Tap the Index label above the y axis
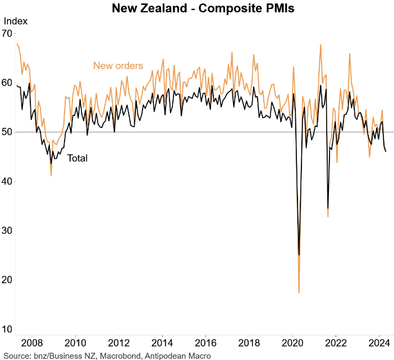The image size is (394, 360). click(16, 21)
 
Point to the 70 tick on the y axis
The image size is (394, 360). click(7, 34)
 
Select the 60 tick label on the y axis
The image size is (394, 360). click(7, 82)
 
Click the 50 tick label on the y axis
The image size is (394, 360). click(7, 132)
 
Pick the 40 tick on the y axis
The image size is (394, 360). click(7, 181)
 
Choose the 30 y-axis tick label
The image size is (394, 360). click(7, 230)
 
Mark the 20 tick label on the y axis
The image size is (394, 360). click(7, 280)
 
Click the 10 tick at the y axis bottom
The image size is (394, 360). click(7, 329)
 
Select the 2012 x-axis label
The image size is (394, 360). click(119, 342)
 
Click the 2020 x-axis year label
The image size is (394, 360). click(293, 342)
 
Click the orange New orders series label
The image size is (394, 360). click(118, 66)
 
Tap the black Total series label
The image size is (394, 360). click(77, 159)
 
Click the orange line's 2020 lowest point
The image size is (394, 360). click(299, 292)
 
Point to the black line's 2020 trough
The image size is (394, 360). click(299, 255)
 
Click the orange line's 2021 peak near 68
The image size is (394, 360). click(320, 45)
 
